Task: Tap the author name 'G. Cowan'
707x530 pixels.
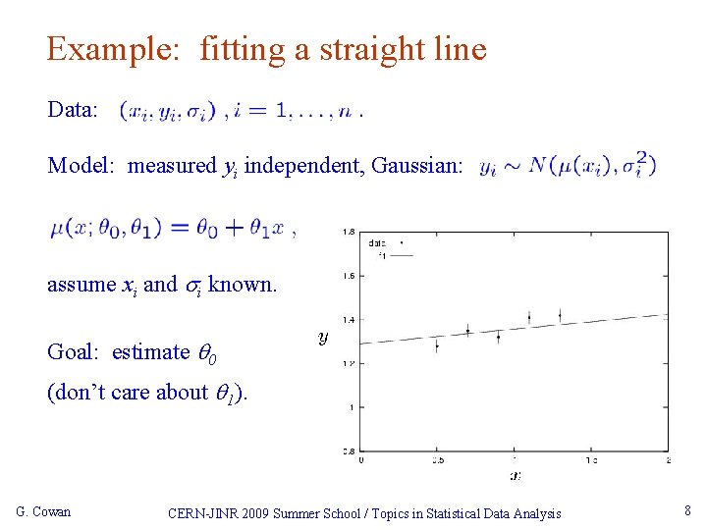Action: click(x=44, y=511)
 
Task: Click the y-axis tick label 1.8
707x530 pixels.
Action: click(x=349, y=232)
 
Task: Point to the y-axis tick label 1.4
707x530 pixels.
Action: click(x=349, y=319)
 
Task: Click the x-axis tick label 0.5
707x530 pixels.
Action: click(x=437, y=459)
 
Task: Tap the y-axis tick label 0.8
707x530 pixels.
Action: click(x=349, y=450)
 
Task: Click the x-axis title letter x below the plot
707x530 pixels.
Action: click(x=515, y=475)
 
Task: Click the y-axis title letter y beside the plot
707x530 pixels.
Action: click(x=323, y=337)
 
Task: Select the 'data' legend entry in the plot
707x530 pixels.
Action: click(x=377, y=241)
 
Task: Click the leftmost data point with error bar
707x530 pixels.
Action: click(x=437, y=344)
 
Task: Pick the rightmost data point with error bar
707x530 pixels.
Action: click(x=560, y=315)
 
